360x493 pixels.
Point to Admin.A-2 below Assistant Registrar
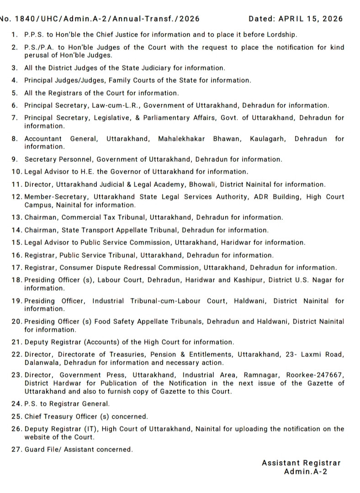(x=306, y=472)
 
